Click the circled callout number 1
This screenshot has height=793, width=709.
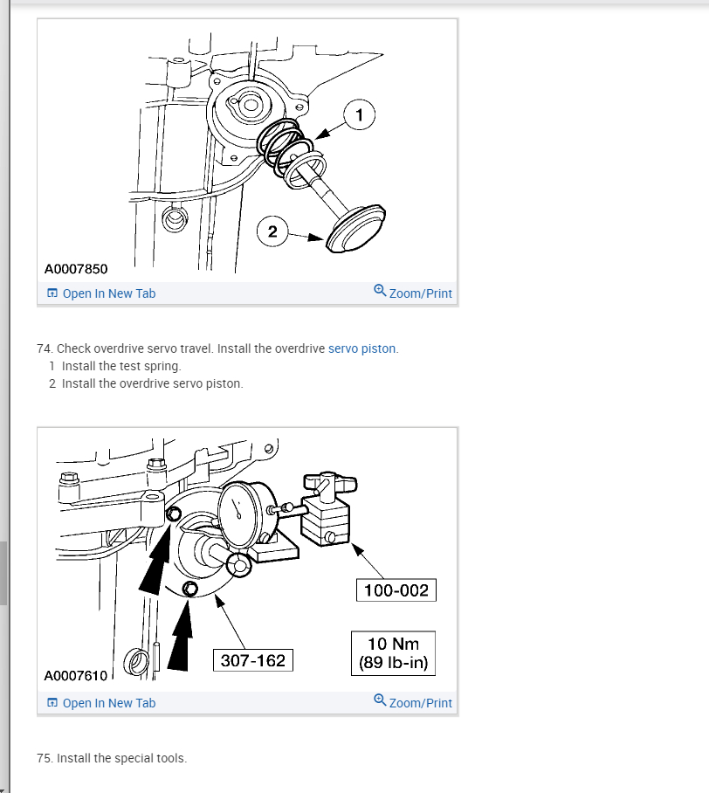pos(360,114)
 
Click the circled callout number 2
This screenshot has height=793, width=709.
pos(272,231)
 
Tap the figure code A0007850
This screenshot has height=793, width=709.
pos(76,268)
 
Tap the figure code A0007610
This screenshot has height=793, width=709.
pos(76,675)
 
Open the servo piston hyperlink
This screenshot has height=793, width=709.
pos(361,348)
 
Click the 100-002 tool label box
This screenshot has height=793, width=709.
pos(396,590)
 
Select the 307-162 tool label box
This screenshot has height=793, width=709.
pos(253,660)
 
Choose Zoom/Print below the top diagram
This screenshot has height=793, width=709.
pos(413,293)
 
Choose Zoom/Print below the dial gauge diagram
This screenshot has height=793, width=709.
pos(413,703)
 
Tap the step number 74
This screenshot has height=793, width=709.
pos(45,348)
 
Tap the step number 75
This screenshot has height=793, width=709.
pos(45,758)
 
